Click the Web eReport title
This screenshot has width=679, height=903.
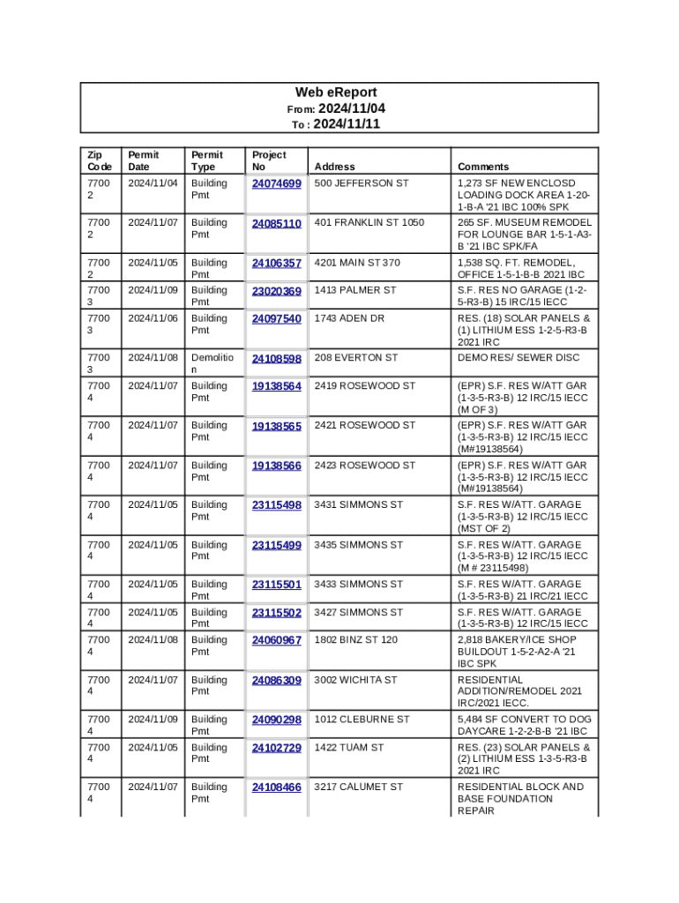335,93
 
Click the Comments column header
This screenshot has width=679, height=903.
482,167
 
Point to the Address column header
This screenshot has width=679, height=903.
334,167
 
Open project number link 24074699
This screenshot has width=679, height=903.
276,183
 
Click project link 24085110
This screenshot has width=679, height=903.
276,223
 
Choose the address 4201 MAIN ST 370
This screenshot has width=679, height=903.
357,263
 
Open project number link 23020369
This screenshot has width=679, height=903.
276,291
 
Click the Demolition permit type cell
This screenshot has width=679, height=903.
209,364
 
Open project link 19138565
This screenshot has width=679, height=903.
276,426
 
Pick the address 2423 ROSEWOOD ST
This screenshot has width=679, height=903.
364,466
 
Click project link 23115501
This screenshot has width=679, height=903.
276,585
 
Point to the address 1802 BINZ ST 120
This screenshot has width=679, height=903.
355,640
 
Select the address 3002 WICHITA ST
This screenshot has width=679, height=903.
355,680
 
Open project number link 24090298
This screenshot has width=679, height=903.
276,720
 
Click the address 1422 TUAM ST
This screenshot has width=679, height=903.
349,748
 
